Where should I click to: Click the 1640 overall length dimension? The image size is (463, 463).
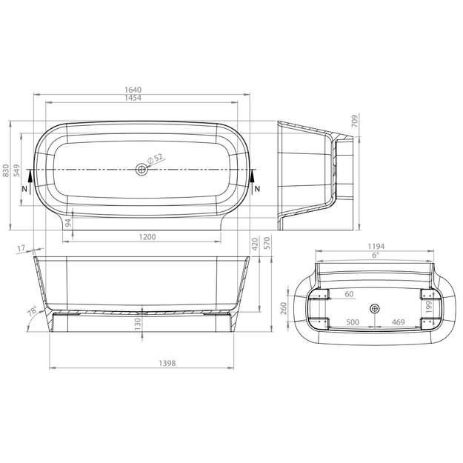[133, 90]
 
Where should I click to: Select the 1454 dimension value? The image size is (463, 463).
[133, 98]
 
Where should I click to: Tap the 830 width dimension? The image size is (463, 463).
[6, 171]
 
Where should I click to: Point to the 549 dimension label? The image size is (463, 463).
[16, 170]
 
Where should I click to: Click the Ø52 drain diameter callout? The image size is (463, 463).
[155, 159]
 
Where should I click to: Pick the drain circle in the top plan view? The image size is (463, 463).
[141, 170]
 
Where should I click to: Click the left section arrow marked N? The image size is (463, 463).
[30, 181]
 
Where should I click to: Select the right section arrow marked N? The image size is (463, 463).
[253, 181]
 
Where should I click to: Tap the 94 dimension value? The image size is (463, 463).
[68, 223]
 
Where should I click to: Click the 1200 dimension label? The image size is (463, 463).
[147, 237]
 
